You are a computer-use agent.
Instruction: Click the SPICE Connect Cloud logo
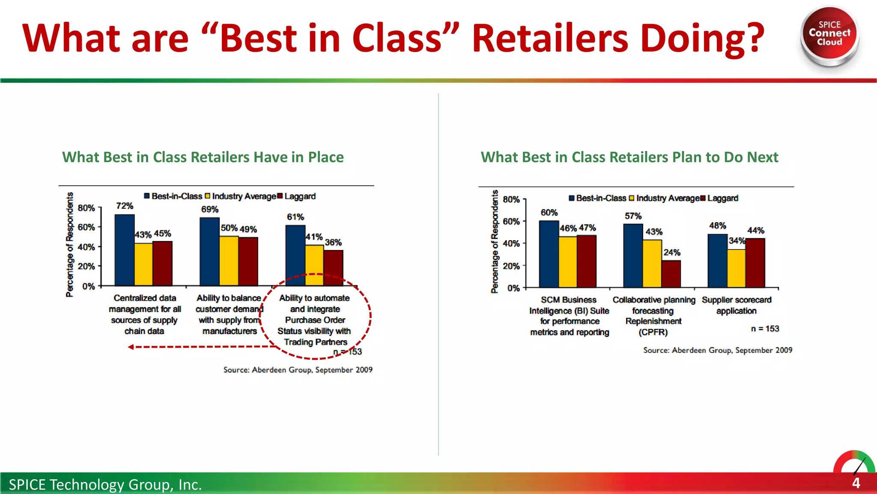click(829, 35)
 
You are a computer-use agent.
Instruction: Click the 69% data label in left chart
click(210, 209)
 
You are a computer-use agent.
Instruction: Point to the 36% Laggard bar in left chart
click(333, 268)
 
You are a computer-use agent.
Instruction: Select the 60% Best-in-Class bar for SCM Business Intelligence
click(549, 254)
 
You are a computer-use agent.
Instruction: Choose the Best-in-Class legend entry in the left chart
click(173, 196)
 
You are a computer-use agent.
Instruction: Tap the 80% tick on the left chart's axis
click(87, 208)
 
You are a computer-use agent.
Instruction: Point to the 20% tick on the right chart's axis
click(511, 266)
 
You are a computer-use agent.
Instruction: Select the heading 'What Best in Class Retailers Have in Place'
click(203, 157)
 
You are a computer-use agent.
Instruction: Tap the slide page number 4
click(856, 483)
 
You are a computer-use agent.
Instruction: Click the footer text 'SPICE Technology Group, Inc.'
click(105, 485)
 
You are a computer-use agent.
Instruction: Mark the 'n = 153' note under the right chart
click(765, 329)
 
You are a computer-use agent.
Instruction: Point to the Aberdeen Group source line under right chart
click(718, 350)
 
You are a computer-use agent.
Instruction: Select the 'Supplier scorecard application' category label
click(737, 305)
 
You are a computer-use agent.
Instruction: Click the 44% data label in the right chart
click(756, 230)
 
